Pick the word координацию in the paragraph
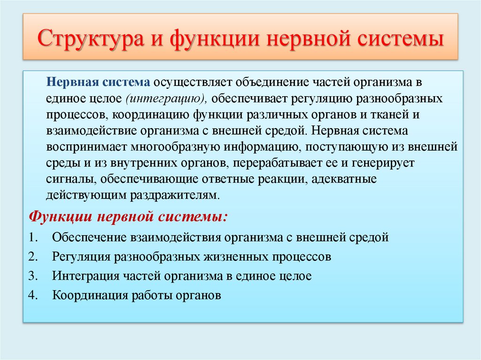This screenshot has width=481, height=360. pyautogui.click(x=149, y=115)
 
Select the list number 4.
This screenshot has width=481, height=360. pyautogui.click(x=31, y=296)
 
